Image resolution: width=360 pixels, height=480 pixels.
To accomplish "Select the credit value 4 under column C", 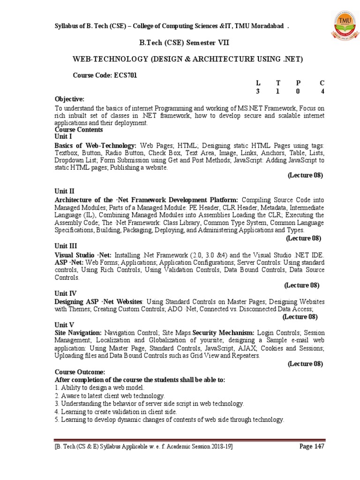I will tap(322, 91).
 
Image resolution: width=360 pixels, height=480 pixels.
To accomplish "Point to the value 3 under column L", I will tap(257, 91).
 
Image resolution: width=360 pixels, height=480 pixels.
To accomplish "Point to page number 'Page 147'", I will tap(312, 446).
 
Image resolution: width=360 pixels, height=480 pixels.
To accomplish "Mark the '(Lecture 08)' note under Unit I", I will tap(305, 175).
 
